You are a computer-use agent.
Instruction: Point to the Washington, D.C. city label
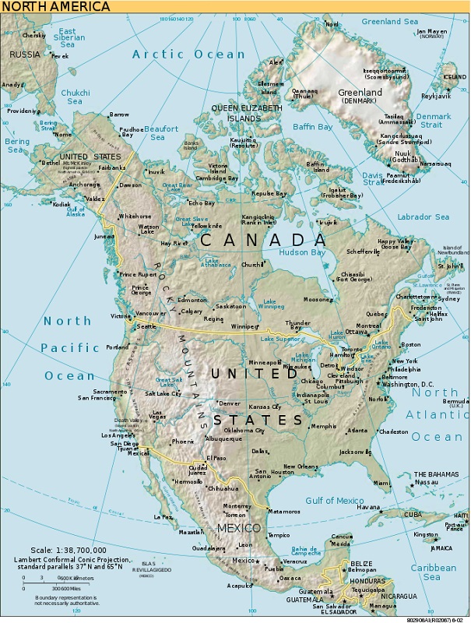(408, 385)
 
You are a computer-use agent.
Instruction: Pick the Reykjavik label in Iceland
(436, 97)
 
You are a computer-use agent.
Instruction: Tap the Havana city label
(367, 507)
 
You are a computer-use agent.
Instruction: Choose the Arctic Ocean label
(188, 54)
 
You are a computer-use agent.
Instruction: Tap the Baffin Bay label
(312, 126)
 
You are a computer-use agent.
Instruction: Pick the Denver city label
(230, 403)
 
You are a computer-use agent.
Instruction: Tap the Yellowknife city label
(206, 226)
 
